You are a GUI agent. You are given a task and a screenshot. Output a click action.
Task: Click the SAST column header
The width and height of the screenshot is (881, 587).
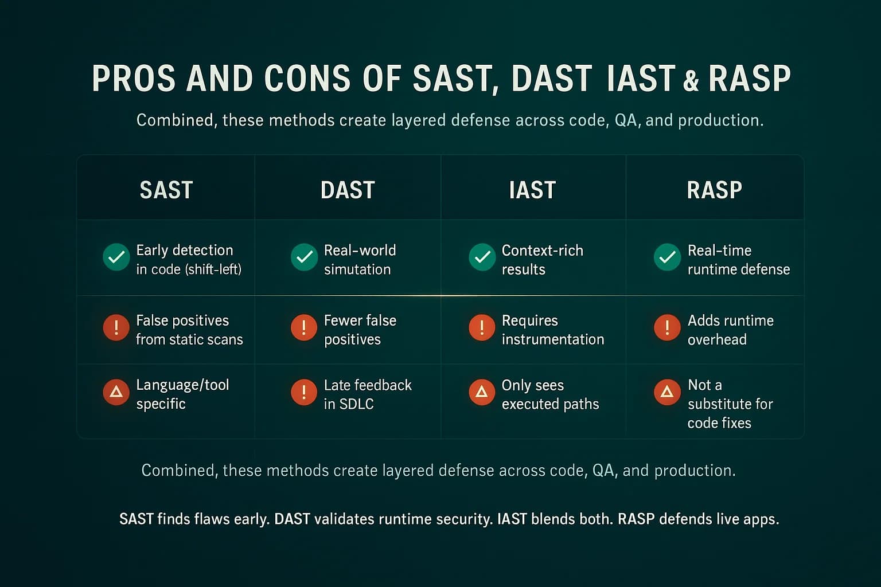[x=166, y=190]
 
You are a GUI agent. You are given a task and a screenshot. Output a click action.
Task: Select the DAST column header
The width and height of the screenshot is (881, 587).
[x=348, y=190]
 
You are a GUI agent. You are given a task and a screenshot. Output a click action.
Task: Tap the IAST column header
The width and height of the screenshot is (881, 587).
[x=532, y=190]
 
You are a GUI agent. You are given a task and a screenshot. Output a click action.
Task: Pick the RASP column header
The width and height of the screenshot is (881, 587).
[x=714, y=190]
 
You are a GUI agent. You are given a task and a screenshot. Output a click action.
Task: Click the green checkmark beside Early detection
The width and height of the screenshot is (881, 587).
[x=116, y=257]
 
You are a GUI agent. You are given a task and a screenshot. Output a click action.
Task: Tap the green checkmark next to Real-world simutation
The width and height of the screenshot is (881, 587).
[x=304, y=257]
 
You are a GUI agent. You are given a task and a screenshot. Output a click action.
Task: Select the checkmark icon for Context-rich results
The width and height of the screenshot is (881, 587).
[x=482, y=257]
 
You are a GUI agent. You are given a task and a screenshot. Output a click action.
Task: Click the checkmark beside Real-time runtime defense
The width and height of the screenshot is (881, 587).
[x=667, y=257]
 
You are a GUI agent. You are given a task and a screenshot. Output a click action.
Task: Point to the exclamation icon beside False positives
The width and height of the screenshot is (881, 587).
[x=116, y=327]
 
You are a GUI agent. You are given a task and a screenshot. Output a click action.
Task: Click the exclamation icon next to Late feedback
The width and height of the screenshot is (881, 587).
[x=304, y=392]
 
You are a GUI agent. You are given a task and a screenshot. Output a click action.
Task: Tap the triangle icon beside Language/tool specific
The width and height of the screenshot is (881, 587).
[x=116, y=392]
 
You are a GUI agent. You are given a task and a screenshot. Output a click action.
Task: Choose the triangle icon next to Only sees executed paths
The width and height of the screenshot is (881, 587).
[x=482, y=392]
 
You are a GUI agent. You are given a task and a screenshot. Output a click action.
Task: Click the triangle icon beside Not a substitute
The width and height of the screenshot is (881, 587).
[x=667, y=392]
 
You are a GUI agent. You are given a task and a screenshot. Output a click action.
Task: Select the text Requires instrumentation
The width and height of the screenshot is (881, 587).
[x=552, y=330]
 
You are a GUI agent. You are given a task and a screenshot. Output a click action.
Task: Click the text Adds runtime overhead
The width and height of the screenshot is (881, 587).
[x=730, y=330]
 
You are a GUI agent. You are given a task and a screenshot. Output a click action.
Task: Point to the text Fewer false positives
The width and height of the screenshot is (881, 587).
[x=360, y=330]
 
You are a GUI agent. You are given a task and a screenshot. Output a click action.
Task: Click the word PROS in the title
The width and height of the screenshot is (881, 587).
[x=133, y=79]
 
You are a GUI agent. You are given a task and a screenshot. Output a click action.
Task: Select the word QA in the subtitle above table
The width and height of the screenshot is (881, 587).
[x=626, y=120]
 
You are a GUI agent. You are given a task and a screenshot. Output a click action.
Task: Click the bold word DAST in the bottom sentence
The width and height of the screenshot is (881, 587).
[x=293, y=519]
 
